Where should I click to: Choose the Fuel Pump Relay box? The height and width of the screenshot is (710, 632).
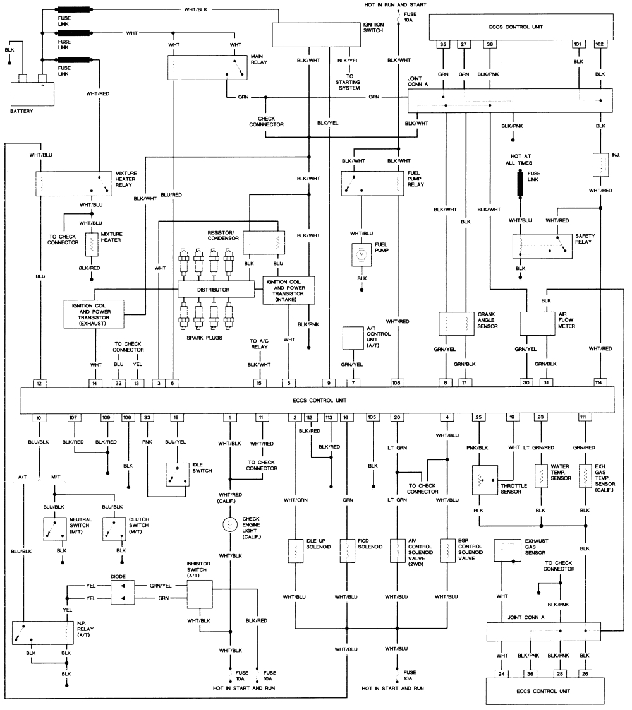click(372, 184)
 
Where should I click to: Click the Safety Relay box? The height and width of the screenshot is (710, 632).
click(542, 246)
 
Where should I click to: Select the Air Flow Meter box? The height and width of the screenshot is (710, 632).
click(537, 322)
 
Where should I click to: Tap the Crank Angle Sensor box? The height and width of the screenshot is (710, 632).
click(456, 322)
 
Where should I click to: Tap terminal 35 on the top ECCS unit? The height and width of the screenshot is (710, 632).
click(444, 44)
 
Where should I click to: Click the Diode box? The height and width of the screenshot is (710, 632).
click(123, 591)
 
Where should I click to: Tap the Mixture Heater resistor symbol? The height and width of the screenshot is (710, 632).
click(92, 244)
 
